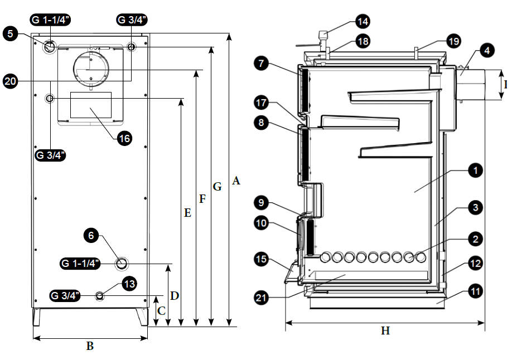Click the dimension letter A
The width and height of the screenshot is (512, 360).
236,180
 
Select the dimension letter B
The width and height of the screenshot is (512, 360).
90,346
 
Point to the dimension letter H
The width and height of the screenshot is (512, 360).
385,330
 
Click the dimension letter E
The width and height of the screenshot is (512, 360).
187,212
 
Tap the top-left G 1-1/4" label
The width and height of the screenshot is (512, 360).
50,21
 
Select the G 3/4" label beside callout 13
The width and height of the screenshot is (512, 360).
65,295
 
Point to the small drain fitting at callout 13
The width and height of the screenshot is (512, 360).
100,295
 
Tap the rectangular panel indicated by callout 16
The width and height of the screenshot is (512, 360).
91,105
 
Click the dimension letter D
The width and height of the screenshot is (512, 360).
174,295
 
